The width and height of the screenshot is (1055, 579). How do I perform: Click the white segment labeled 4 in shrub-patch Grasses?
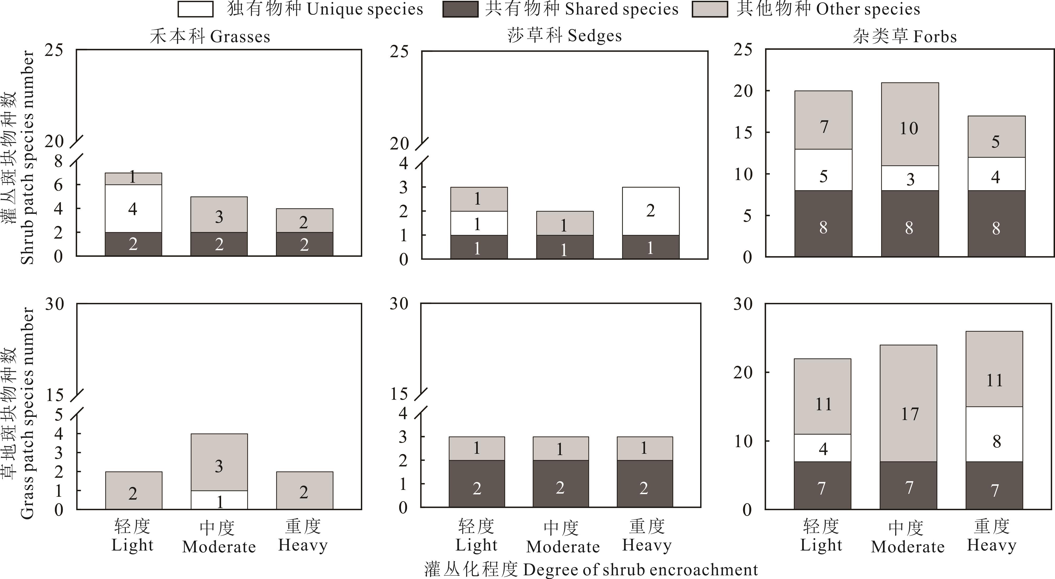click(x=133, y=208)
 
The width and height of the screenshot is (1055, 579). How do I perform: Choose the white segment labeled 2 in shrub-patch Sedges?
click(x=650, y=211)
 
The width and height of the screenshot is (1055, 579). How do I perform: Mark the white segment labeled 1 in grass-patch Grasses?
click(x=219, y=500)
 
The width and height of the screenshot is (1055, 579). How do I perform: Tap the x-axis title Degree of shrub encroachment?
click(x=591, y=570)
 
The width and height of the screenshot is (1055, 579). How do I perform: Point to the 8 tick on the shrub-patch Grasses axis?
click(x=59, y=161)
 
